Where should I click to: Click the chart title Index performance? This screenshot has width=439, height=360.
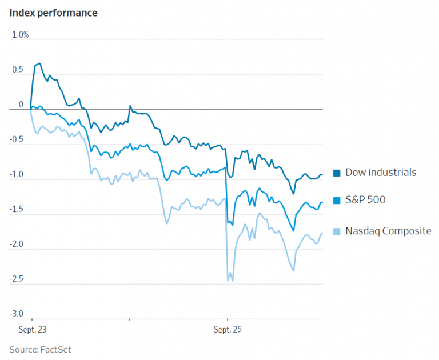[x=53, y=13]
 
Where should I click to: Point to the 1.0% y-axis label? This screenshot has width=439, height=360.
[x=21, y=35]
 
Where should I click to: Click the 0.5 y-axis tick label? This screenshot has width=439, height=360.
[x=18, y=70]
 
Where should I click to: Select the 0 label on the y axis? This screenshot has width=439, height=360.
[x=21, y=105]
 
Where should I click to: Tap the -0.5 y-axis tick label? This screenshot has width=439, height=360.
[x=17, y=140]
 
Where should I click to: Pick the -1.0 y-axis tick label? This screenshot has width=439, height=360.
[x=17, y=175]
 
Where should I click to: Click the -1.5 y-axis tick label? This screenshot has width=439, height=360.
[x=17, y=210]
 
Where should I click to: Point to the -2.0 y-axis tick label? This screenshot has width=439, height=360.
[x=17, y=245]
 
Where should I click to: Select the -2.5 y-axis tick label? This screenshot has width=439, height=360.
[x=17, y=279]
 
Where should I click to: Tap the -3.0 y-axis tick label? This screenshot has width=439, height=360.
[x=17, y=314]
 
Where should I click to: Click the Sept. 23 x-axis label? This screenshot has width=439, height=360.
[x=31, y=330]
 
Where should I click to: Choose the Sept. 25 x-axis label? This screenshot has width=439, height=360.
[x=227, y=330]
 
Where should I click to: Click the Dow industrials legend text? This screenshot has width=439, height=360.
[x=381, y=172]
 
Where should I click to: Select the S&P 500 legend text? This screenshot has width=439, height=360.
[x=365, y=200]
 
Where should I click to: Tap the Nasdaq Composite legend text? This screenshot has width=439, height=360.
[x=388, y=231]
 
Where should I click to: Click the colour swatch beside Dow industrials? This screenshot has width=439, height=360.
[x=337, y=173]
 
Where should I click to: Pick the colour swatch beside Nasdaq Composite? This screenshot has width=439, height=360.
[x=337, y=231]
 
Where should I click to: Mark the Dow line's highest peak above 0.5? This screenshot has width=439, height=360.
[x=39, y=63]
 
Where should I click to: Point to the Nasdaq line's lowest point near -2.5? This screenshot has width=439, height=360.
[x=233, y=281]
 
